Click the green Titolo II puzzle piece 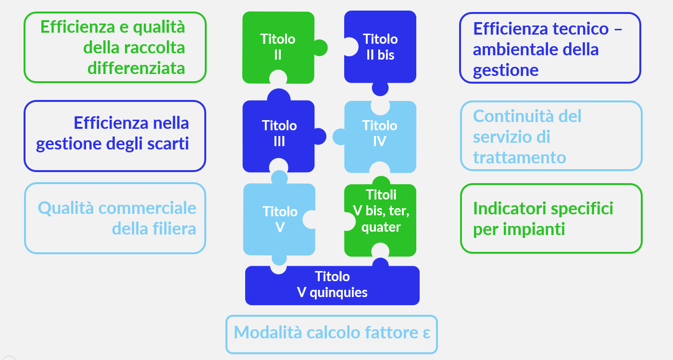278,47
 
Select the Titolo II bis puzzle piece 380,47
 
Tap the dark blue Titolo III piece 279,134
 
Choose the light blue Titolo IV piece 380,134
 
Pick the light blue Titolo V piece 279,219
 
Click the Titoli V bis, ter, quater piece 381,211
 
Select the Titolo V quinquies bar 332,285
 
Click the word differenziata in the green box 136,68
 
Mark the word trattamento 519,158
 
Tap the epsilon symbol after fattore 426,333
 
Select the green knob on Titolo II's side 320,48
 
